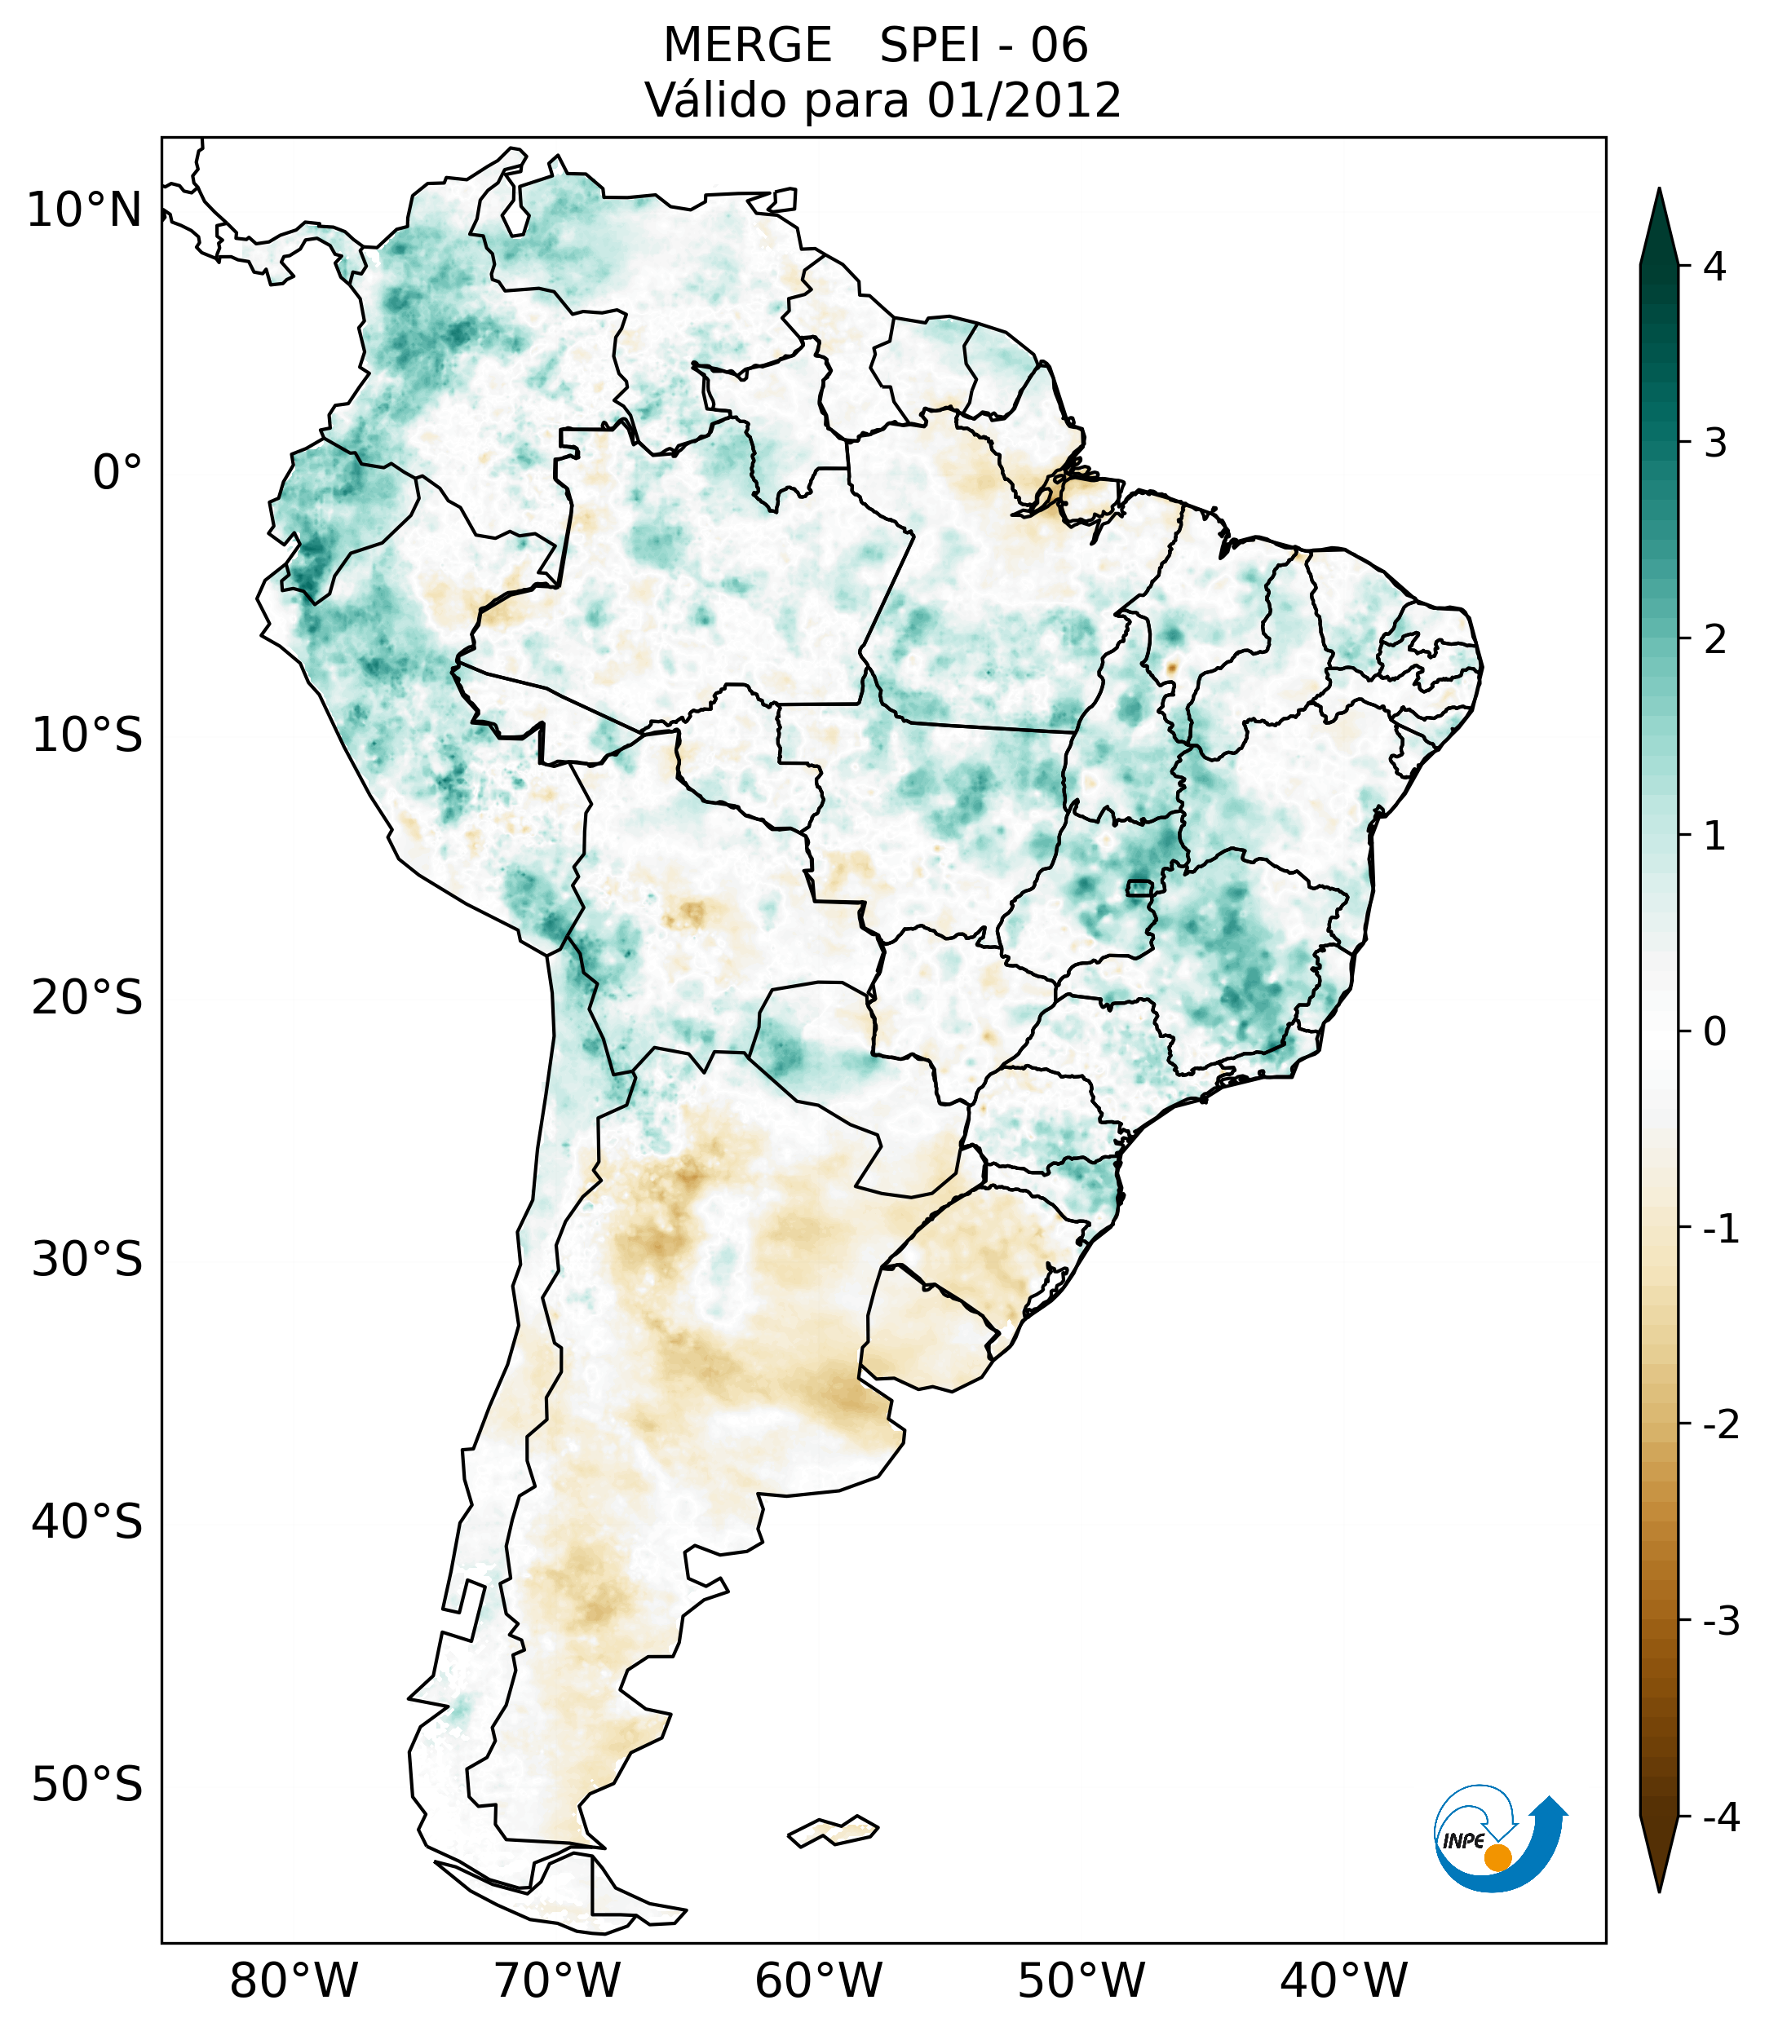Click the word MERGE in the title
click(x=746, y=46)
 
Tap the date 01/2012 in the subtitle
click(x=1024, y=100)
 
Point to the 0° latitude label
click(x=117, y=473)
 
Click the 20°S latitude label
click(x=87, y=998)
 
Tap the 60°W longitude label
click(x=818, y=1981)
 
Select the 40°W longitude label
click(x=1344, y=1981)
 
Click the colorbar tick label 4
click(x=1714, y=267)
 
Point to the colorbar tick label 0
click(x=1714, y=1032)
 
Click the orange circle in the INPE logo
click(x=1497, y=1857)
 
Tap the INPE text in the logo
click(x=1463, y=1841)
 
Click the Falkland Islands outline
click(x=833, y=1830)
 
